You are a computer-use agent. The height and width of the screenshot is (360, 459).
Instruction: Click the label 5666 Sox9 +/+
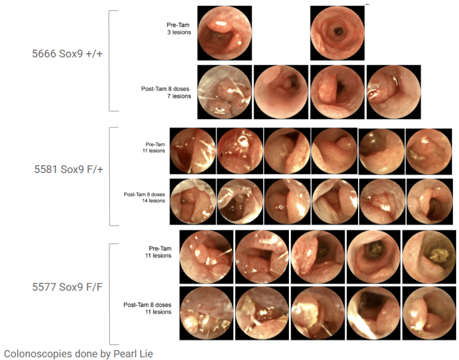click(x=67, y=54)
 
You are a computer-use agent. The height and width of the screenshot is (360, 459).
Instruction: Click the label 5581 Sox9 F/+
click(x=69, y=169)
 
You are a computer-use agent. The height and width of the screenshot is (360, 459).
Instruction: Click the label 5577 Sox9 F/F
click(x=67, y=287)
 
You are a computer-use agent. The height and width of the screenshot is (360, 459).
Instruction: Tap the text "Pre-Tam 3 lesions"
click(x=179, y=29)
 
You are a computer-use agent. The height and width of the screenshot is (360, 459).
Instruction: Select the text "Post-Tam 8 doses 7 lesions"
click(x=166, y=92)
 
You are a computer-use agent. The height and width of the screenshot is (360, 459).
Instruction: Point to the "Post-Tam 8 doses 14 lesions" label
click(x=144, y=197)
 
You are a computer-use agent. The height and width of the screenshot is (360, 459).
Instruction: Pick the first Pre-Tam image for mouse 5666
click(x=224, y=33)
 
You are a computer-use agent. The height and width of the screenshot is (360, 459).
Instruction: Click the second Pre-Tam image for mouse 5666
click(x=338, y=33)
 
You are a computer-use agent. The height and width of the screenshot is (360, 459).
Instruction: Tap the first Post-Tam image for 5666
click(x=224, y=92)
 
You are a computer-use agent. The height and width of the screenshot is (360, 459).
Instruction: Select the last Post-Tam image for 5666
click(x=394, y=92)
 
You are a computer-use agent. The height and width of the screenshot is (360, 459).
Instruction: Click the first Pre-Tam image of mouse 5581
click(x=193, y=151)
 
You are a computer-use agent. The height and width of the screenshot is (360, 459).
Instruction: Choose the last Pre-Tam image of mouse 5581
click(x=429, y=151)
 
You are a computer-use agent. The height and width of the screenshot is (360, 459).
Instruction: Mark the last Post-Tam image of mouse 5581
click(x=430, y=202)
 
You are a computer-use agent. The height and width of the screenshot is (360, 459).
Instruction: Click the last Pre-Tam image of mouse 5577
click(x=429, y=257)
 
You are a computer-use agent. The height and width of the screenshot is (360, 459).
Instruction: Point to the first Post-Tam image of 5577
click(x=206, y=313)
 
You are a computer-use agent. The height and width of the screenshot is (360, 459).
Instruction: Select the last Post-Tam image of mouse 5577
click(x=429, y=313)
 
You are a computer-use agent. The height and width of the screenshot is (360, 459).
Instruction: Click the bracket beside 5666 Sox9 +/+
click(x=109, y=61)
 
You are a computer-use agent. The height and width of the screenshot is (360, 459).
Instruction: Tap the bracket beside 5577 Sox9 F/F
click(x=110, y=294)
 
